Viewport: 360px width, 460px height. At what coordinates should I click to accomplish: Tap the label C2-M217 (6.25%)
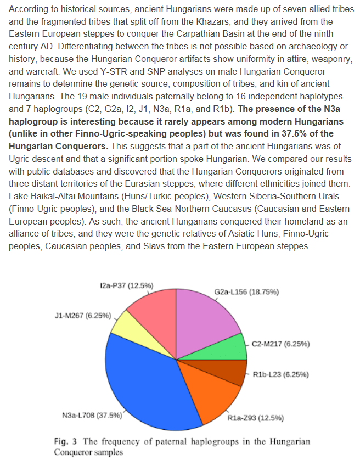point(281,344)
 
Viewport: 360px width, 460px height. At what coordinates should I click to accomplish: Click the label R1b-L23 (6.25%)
point(281,375)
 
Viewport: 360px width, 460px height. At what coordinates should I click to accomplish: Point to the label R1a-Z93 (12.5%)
point(256,418)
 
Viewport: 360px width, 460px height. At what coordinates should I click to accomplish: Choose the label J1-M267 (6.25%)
point(83,316)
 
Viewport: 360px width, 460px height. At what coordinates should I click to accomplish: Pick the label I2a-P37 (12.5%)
point(126,285)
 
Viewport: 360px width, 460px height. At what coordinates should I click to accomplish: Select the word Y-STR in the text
point(93,71)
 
